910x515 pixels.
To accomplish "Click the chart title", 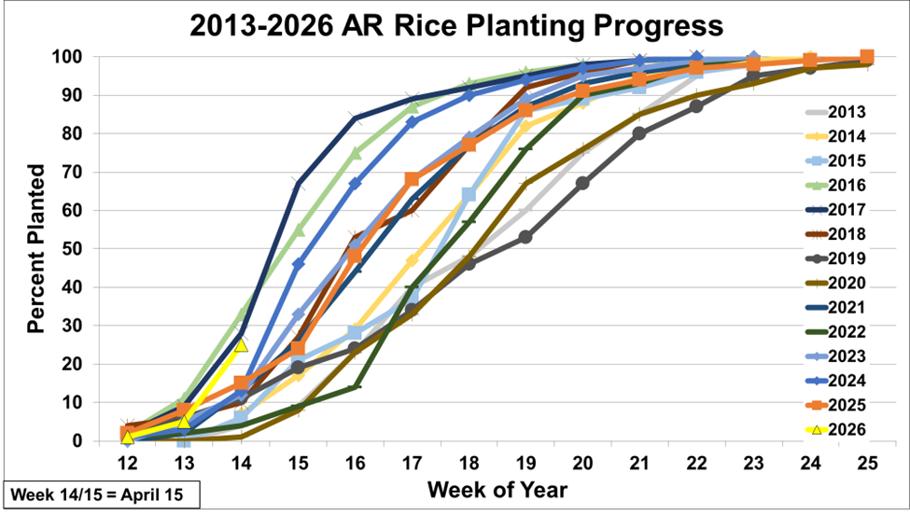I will (455, 25).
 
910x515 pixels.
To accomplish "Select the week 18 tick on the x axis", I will (469, 462).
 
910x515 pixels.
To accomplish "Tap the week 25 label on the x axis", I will (867, 462).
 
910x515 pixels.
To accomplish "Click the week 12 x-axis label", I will (127, 462).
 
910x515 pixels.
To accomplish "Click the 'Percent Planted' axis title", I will (36, 248).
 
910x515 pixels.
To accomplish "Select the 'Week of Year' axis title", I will (497, 489).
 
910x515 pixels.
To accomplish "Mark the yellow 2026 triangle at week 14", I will (241, 344).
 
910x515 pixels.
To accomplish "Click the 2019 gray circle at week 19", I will (525, 237).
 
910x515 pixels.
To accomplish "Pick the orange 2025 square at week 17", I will (412, 179).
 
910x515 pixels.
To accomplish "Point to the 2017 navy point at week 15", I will (298, 183).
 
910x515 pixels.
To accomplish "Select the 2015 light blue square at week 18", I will (469, 195).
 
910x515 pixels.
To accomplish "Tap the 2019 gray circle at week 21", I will (639, 133).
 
